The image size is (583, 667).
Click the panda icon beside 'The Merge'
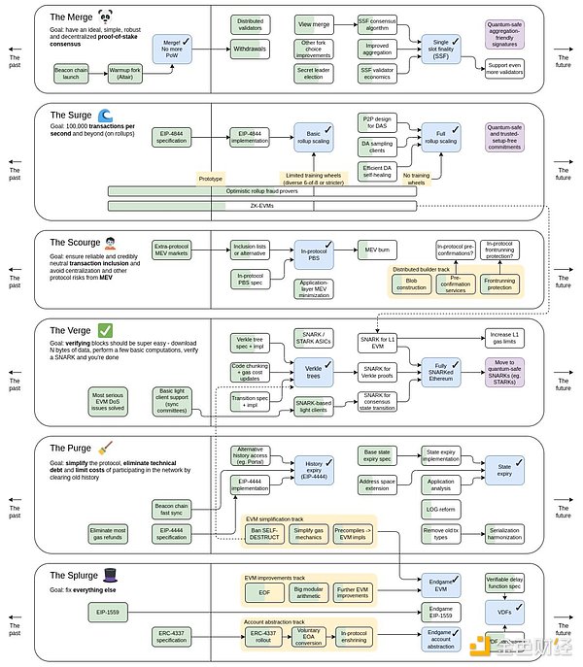pyautogui.click(x=105, y=16)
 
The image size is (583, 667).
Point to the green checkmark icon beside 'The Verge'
pyautogui.click(x=105, y=330)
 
